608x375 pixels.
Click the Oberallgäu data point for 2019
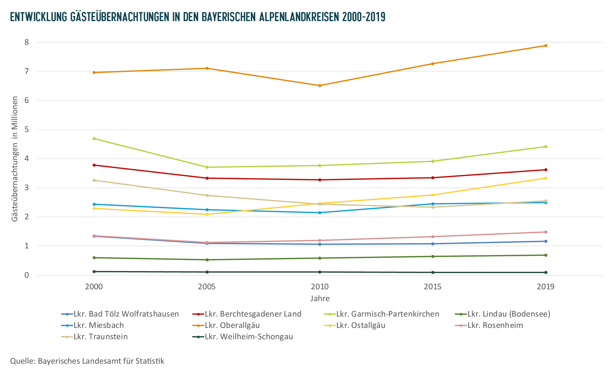(x=545, y=46)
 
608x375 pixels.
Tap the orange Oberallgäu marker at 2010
(x=320, y=86)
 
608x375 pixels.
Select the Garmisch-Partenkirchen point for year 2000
(x=94, y=139)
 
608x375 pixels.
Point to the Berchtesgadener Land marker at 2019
(x=545, y=170)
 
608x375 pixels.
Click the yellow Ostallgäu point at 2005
(x=207, y=214)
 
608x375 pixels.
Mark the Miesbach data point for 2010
(x=320, y=213)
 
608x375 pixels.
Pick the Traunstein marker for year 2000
(x=94, y=180)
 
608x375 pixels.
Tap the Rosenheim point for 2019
(x=545, y=232)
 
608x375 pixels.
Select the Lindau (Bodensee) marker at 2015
(x=433, y=257)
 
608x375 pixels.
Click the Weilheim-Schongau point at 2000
(x=94, y=272)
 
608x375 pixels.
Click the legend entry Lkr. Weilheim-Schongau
(x=249, y=337)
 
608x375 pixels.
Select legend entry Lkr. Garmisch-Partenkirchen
(x=387, y=314)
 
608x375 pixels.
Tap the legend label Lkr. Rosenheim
(x=495, y=325)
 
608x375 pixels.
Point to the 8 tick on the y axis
(x=27, y=42)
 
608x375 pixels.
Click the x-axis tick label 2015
(x=433, y=287)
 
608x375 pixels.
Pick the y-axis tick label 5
(x=27, y=129)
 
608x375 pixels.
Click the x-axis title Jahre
(x=320, y=299)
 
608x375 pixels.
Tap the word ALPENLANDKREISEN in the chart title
(x=299, y=17)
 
